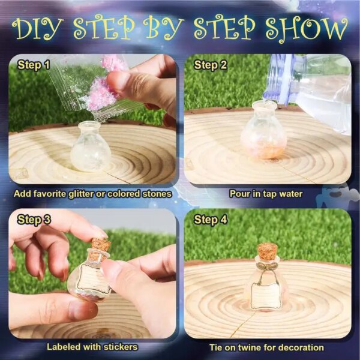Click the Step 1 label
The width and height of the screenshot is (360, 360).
(34, 65)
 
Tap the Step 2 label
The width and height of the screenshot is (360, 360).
(210, 65)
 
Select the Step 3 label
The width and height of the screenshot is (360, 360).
(34, 220)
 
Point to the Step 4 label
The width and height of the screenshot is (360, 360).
(211, 220)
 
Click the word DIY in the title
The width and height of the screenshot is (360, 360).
(38, 28)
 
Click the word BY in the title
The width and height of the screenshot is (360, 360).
(163, 28)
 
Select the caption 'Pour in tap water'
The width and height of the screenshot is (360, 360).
(266, 194)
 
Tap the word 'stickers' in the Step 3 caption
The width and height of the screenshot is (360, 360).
(121, 347)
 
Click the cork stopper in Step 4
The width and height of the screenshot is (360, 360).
(267, 251)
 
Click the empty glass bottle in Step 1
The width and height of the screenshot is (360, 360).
(91, 146)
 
